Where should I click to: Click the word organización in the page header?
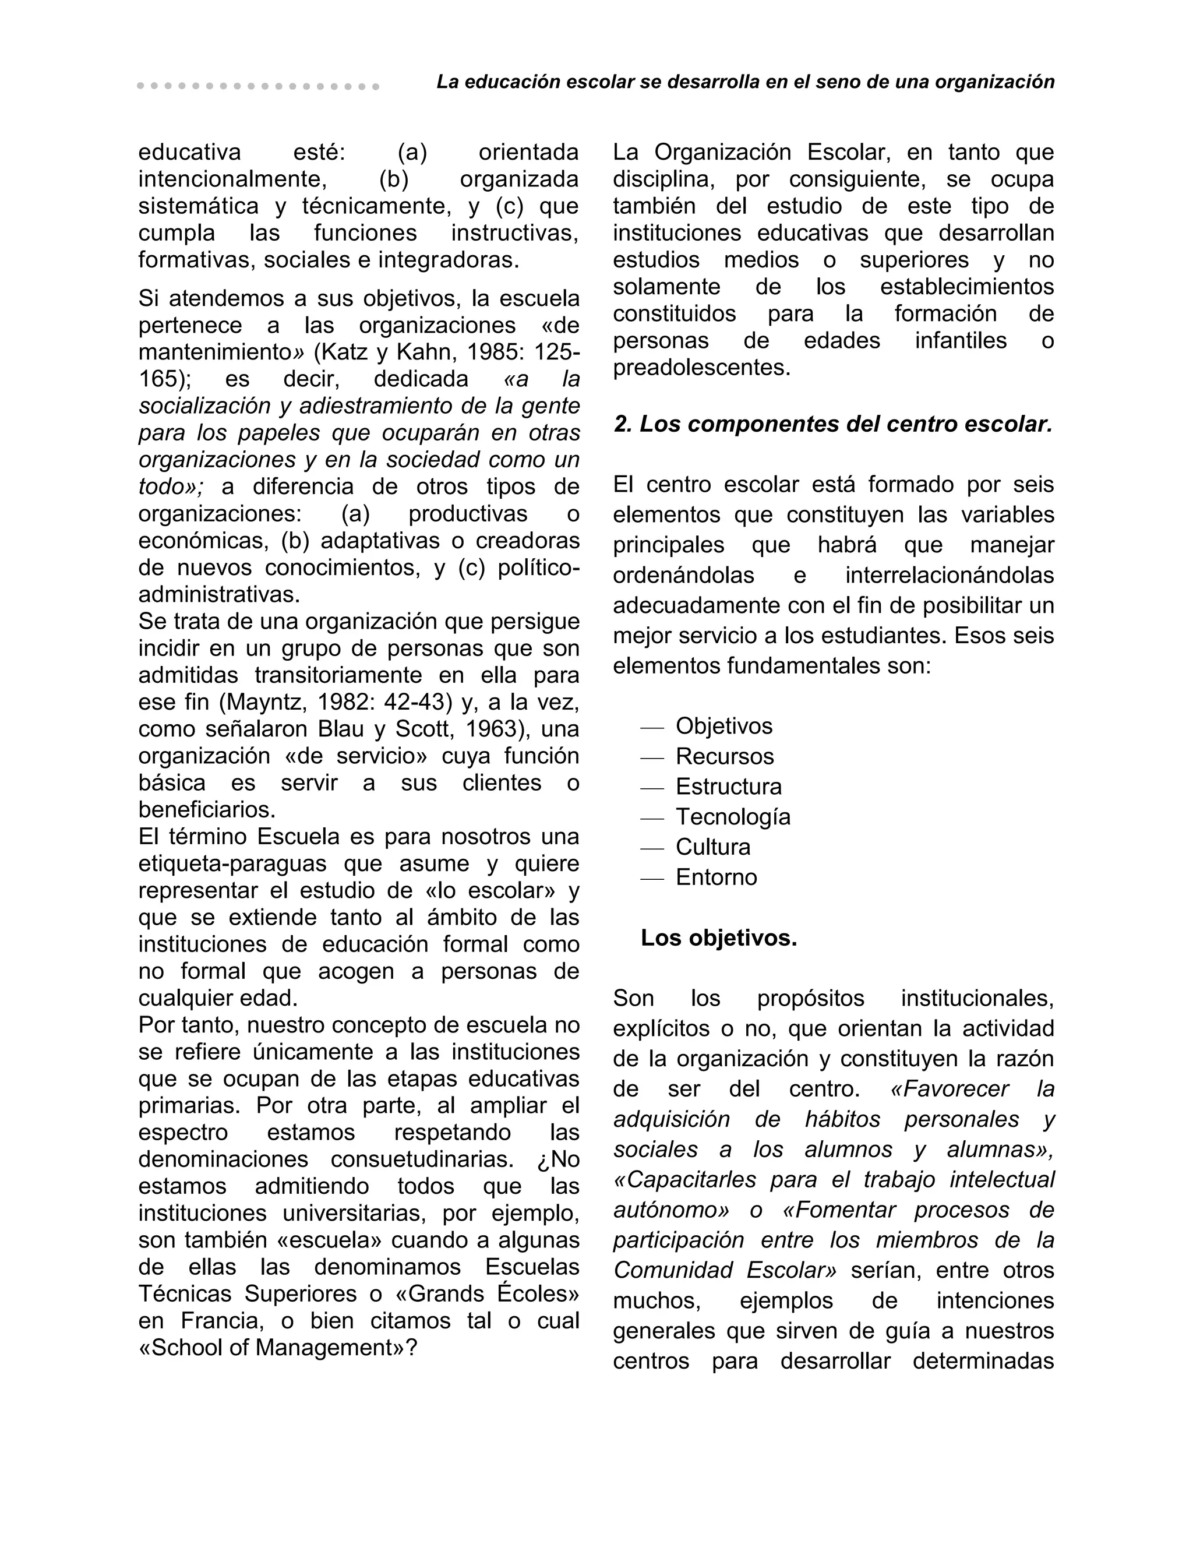point(994,83)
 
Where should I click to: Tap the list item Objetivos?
point(723,726)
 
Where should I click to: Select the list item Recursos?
point(725,756)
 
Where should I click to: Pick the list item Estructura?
point(729,787)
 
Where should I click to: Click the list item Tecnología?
point(733,817)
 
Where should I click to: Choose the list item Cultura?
point(712,847)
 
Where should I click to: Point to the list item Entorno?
point(716,877)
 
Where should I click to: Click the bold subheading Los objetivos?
point(718,938)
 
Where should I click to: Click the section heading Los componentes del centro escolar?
point(833,424)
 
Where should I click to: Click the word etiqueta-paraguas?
point(232,864)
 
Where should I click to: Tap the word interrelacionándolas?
point(949,576)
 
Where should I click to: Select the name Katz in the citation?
point(347,352)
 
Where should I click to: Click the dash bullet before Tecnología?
point(652,818)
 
